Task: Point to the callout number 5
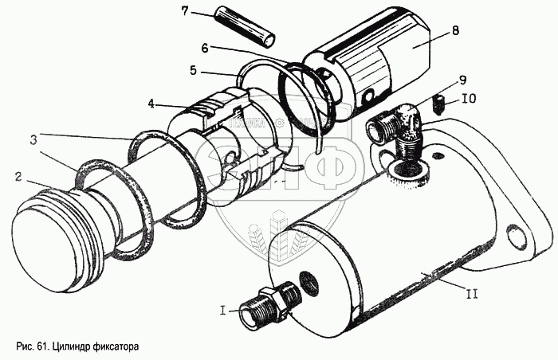pyautogui.click(x=192, y=70)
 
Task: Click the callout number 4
pyautogui.click(x=151, y=104)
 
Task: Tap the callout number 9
pyautogui.click(x=462, y=80)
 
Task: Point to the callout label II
pyautogui.click(x=472, y=294)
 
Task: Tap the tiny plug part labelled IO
pyautogui.click(x=438, y=102)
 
